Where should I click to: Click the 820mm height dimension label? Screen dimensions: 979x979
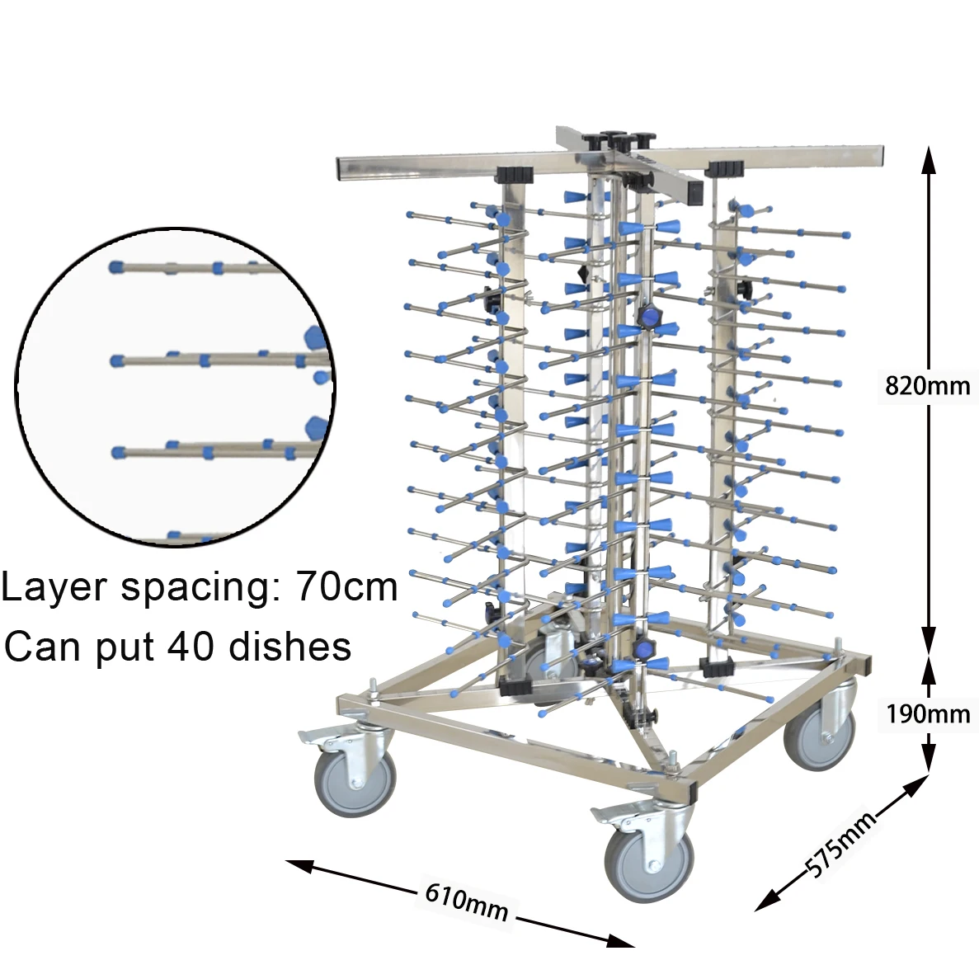tap(927, 385)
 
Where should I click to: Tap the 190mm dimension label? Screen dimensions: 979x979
tap(928, 713)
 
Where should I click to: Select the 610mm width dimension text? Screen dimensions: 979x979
tap(466, 903)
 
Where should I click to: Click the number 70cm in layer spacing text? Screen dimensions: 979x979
tap(347, 587)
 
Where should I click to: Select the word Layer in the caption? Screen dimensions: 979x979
tap(54, 587)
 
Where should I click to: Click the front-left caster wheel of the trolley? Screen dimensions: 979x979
tap(355, 778)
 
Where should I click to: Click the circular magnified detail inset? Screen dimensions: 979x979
tap(175, 388)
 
